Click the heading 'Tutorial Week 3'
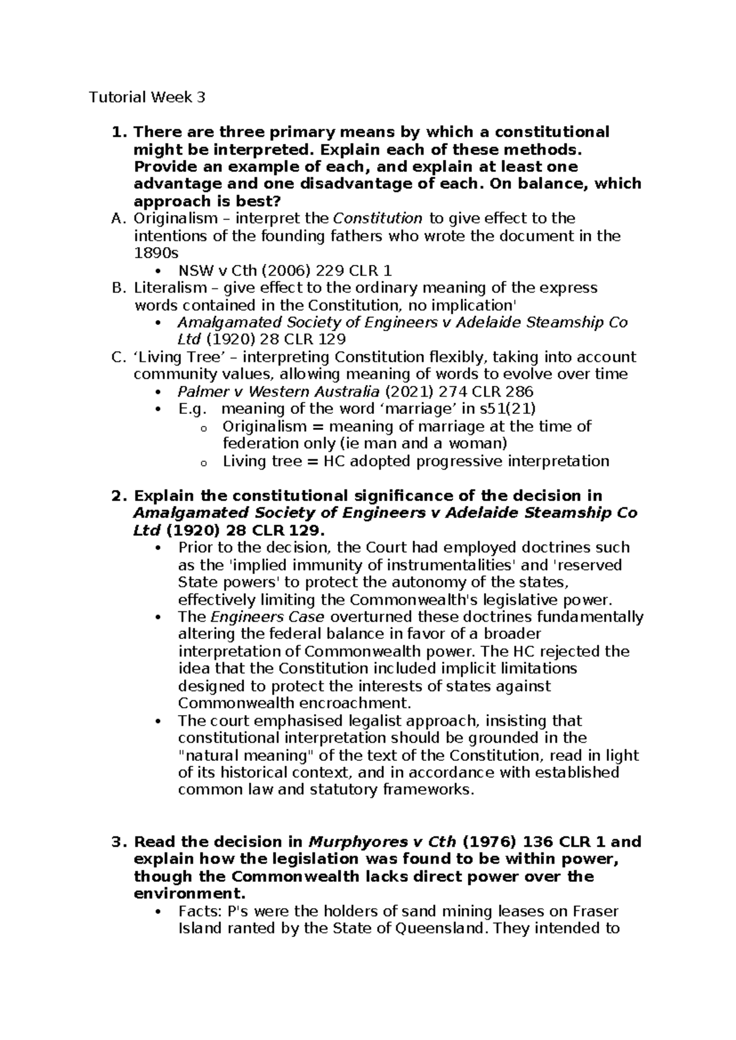(147, 97)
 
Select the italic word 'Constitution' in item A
(377, 218)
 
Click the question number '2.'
(120, 495)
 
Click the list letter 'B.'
(120, 288)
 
